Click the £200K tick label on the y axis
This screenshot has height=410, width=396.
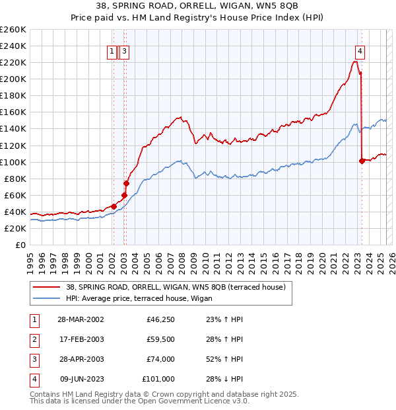click(13, 79)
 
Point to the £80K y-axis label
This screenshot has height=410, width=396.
click(15, 179)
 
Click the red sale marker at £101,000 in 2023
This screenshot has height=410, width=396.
click(362, 161)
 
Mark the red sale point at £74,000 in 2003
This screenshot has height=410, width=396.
click(126, 183)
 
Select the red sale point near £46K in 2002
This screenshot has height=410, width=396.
click(114, 206)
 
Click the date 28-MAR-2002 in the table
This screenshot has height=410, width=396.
click(81, 319)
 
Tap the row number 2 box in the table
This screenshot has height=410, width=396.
click(33, 339)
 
